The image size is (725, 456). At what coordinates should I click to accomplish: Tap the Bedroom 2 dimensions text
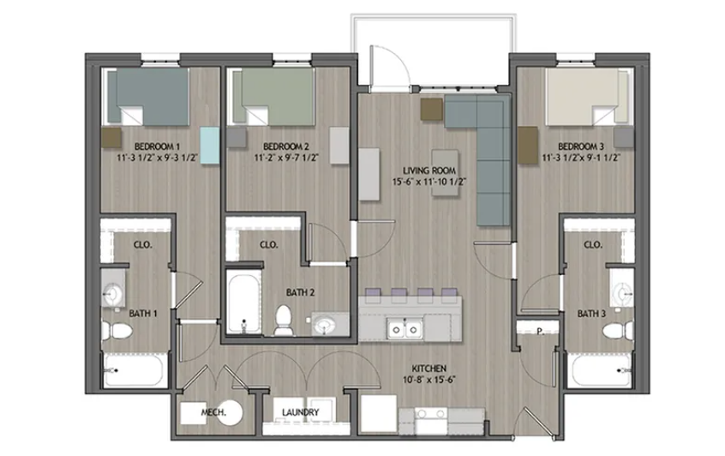pyautogui.click(x=286, y=158)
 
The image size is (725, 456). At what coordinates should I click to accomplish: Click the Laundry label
pyautogui.click(x=301, y=413)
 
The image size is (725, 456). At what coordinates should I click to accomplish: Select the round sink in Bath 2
pyautogui.click(x=323, y=325)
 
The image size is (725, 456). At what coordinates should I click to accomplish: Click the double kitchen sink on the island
pyautogui.click(x=403, y=328)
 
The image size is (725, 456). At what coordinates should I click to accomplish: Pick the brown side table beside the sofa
pyautogui.click(x=431, y=109)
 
